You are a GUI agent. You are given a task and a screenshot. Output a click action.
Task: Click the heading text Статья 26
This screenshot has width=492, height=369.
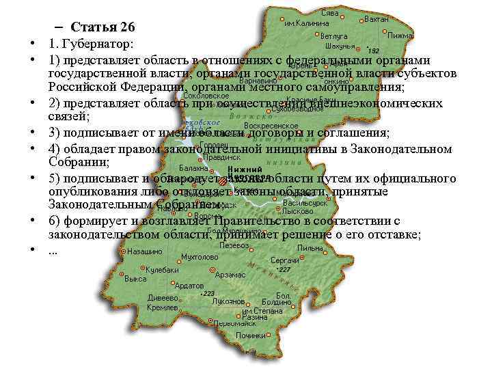click(x=103, y=27)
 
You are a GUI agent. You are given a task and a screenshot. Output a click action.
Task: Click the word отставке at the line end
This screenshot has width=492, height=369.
click(x=394, y=234)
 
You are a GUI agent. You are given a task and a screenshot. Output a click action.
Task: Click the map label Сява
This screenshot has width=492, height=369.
click(x=329, y=14)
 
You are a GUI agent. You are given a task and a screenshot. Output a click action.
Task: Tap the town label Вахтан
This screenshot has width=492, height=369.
click(x=377, y=19)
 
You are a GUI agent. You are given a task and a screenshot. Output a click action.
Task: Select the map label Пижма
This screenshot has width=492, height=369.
click(x=400, y=35)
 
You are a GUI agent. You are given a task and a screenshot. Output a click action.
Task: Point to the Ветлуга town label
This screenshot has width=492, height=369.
click(x=333, y=36)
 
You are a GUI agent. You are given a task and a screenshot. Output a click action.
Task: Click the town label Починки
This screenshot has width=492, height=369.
click(x=250, y=336)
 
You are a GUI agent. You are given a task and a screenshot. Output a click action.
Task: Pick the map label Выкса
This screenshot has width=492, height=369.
click(x=135, y=279)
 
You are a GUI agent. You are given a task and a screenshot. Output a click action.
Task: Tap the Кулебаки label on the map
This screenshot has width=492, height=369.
click(x=162, y=270)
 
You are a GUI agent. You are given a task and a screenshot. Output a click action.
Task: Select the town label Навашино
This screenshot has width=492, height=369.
click(x=145, y=251)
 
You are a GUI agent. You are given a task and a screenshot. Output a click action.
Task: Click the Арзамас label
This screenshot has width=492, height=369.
click(x=230, y=275)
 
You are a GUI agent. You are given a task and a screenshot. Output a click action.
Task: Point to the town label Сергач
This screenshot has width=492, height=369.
click(x=284, y=260)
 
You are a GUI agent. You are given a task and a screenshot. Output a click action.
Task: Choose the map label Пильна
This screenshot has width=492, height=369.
click(x=310, y=248)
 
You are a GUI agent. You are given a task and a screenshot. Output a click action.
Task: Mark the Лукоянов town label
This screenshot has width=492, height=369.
click(x=228, y=301)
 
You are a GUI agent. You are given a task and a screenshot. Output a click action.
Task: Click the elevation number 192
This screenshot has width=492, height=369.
click(x=374, y=51)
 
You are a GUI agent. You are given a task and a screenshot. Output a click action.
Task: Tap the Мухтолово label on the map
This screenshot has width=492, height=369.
click(x=200, y=258)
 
